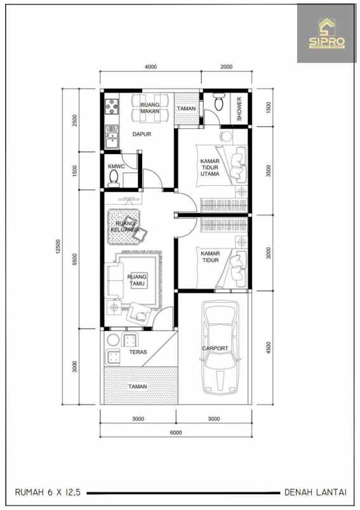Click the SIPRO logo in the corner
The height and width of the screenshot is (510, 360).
(327, 34)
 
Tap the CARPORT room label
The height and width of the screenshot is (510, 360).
(215, 348)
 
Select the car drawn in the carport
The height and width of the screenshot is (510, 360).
(219, 348)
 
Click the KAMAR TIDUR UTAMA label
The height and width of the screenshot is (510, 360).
(210, 167)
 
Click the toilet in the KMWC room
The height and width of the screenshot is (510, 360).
(114, 180)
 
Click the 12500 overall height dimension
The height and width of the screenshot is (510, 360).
(58, 247)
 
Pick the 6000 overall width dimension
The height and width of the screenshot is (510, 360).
(176, 433)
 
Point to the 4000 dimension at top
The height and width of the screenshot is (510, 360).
(150, 67)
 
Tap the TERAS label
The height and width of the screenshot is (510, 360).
(138, 351)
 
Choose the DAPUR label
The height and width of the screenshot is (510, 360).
(141, 134)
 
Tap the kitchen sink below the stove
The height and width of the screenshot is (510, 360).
(112, 136)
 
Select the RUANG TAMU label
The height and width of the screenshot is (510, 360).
(137, 280)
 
